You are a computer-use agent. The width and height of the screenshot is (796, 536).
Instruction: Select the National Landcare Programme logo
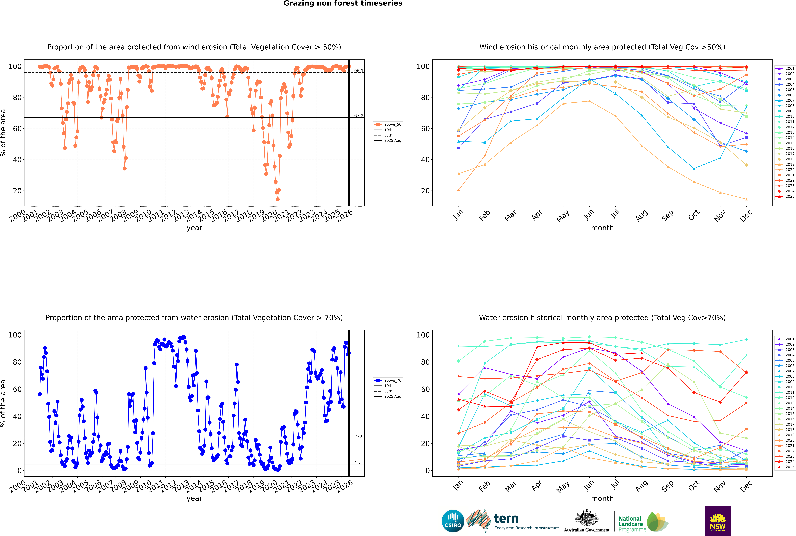click(x=643, y=522)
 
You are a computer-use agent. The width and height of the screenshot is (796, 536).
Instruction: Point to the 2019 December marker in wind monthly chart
click(x=746, y=199)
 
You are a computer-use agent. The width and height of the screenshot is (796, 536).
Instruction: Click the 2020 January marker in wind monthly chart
click(x=459, y=190)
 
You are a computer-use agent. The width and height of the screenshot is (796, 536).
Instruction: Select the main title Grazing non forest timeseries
click(x=343, y=3)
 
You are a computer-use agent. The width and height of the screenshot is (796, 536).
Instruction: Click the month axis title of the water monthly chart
click(x=602, y=498)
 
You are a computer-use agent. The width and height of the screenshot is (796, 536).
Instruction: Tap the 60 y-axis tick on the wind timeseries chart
click(x=17, y=129)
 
